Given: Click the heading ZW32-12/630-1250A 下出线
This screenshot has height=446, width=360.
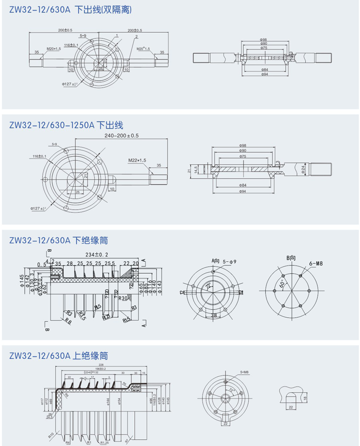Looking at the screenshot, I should pos(66,125).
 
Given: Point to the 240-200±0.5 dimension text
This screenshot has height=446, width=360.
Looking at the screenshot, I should pos(121,136).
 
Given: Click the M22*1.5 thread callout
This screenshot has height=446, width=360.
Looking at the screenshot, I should pos(137,160).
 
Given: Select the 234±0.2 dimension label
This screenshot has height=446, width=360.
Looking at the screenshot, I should pos(96,254).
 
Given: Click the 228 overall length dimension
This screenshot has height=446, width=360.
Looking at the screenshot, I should pos(101,366).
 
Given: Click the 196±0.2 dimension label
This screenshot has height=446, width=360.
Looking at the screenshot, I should pos(102,369).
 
